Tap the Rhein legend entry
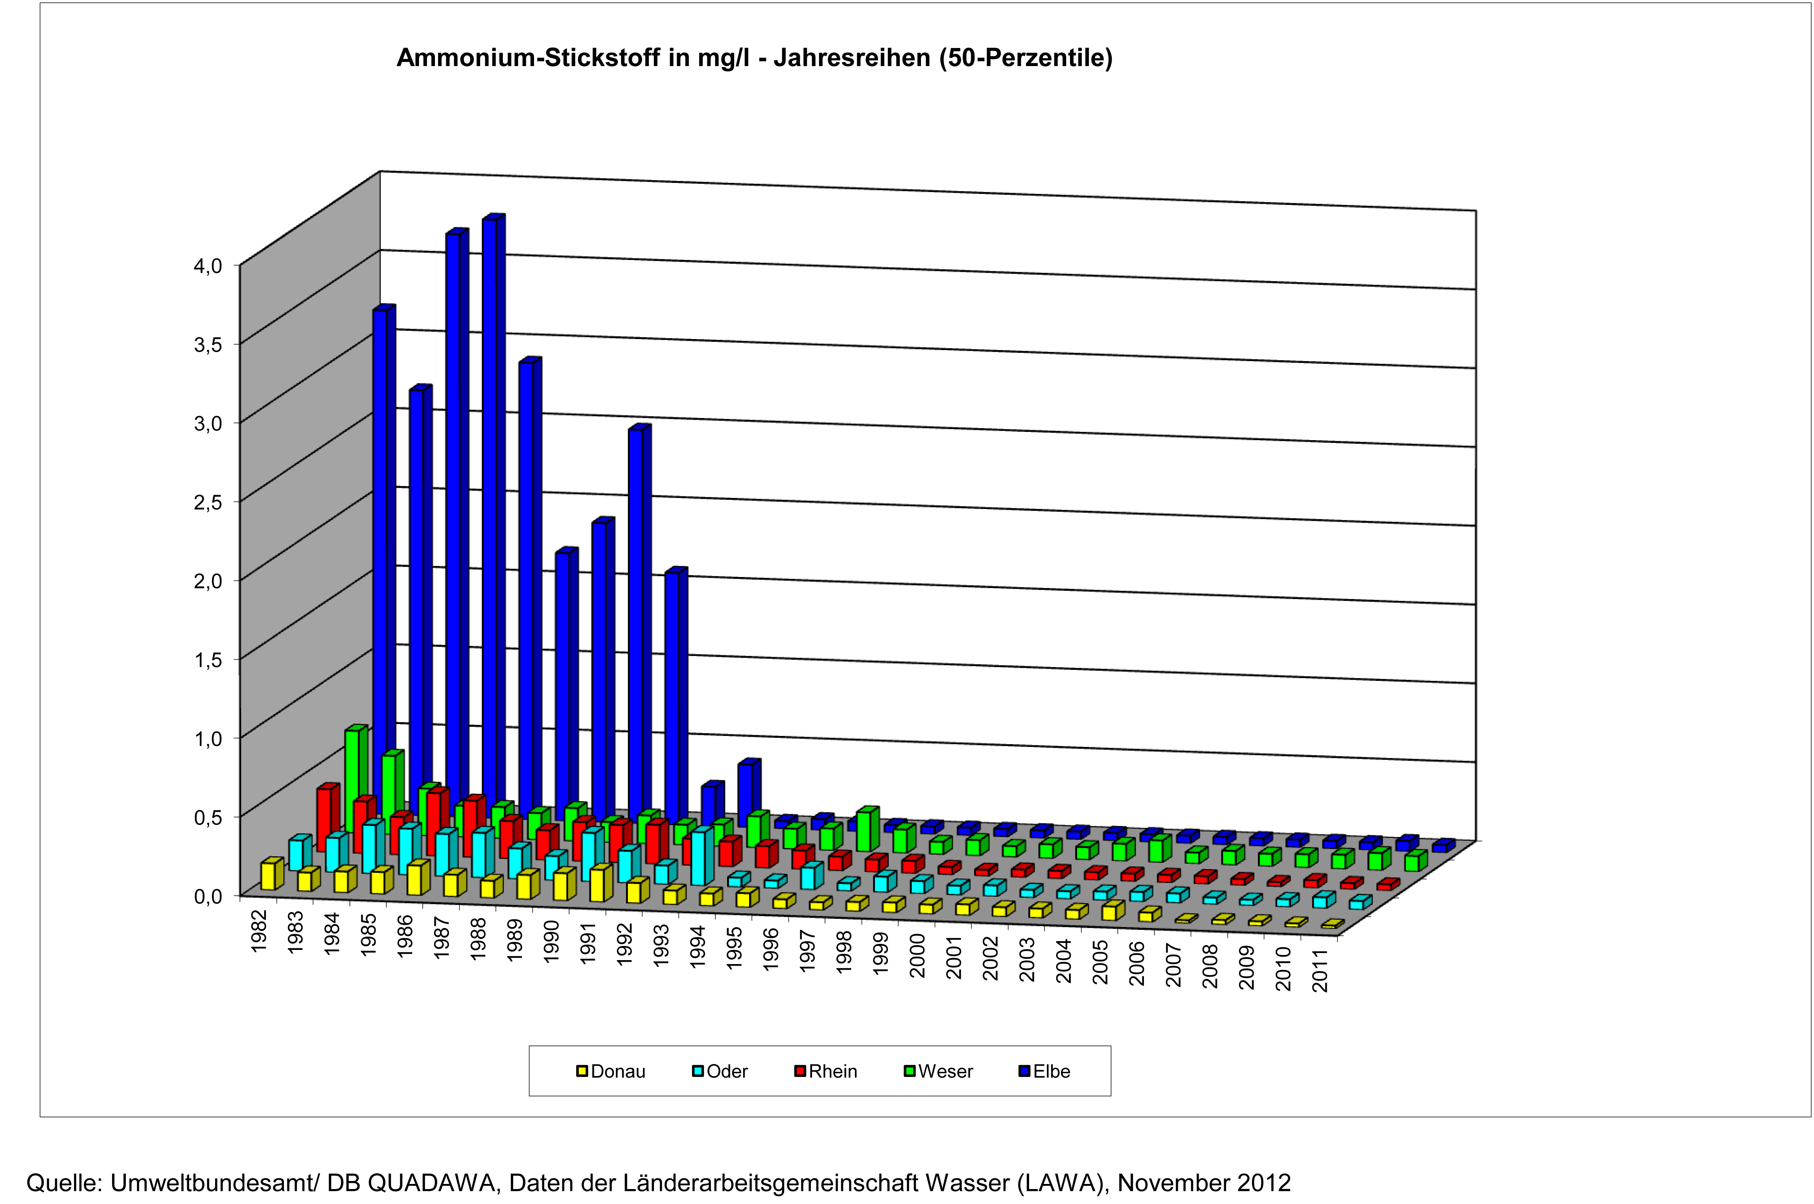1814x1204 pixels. (x=826, y=1071)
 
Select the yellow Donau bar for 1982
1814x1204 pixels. (x=269, y=875)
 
